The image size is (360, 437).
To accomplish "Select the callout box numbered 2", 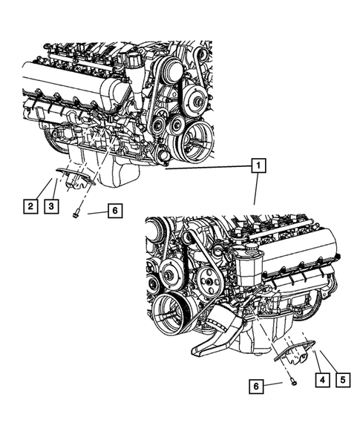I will coord(30,206).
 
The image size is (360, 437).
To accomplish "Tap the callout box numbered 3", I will coord(50,206).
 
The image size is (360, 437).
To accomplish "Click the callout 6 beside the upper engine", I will coord(113,211).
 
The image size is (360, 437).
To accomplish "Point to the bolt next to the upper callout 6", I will coord(76,214).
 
